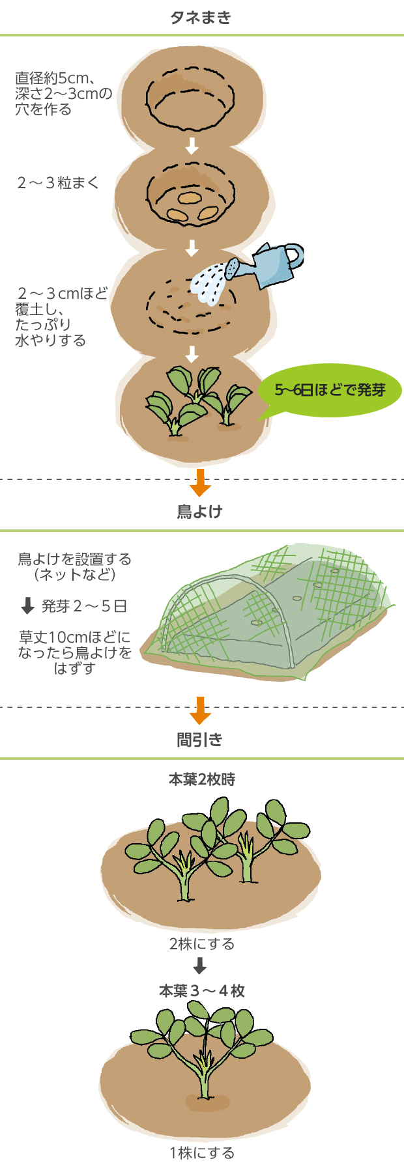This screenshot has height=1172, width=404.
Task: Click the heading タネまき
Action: [201, 18]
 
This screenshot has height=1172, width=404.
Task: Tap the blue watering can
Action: [274, 264]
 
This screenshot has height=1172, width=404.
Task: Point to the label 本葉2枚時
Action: [201, 779]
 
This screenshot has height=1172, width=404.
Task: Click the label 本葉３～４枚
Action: [202, 991]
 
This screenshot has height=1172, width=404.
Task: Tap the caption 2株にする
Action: [201, 944]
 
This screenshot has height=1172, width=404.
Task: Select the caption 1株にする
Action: [201, 1153]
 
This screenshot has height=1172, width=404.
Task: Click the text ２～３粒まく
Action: [58, 183]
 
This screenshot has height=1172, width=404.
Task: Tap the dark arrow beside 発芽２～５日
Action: [27, 606]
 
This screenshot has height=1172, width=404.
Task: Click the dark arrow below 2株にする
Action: [200, 966]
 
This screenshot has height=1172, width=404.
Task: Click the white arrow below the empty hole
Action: [192, 146]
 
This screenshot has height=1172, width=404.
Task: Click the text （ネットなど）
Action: [74, 576]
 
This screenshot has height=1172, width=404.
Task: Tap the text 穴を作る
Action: [44, 109]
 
